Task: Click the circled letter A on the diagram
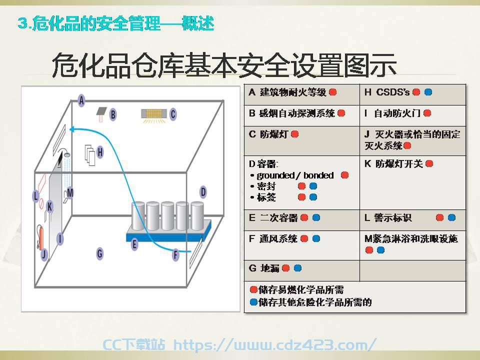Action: (81, 100)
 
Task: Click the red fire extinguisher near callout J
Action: (40, 237)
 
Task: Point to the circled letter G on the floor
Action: (100, 253)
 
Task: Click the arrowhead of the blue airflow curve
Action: (72, 129)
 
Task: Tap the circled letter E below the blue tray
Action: (134, 244)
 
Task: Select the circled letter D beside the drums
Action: (203, 192)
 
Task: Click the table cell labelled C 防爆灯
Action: (302, 141)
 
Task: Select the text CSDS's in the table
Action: (393, 92)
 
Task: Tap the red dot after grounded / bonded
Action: (344, 175)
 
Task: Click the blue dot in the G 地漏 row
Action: (297, 268)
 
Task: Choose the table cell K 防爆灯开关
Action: (412, 182)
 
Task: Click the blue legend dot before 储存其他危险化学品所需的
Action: (253, 302)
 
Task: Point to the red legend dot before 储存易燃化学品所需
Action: (253, 289)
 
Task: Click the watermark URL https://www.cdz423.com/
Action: (275, 344)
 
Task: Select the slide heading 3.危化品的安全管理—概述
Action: (115, 23)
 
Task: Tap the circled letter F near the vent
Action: (175, 254)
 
